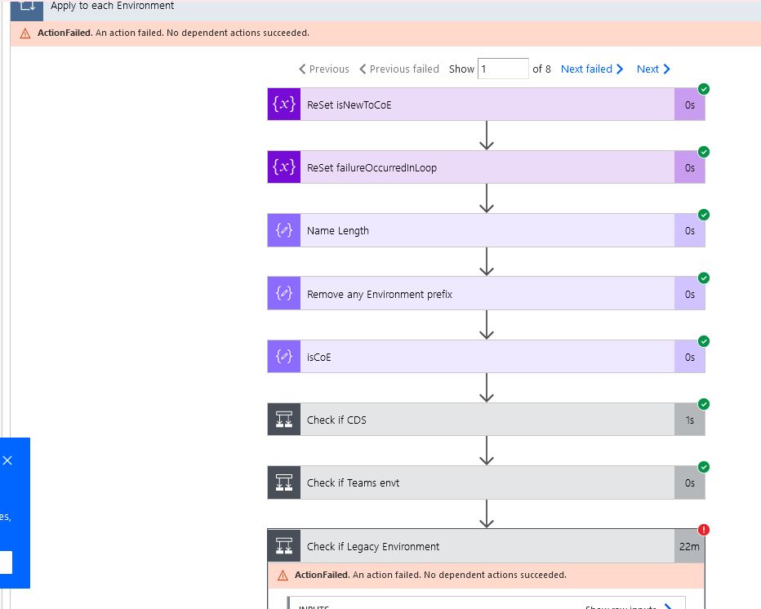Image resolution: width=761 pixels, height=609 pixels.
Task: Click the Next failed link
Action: (x=591, y=69)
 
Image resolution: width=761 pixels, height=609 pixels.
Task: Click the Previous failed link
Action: (x=399, y=69)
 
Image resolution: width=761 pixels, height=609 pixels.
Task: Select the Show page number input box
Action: (x=503, y=69)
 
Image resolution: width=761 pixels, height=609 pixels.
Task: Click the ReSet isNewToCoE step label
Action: (x=349, y=104)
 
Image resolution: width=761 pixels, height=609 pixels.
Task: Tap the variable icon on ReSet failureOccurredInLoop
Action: (x=284, y=167)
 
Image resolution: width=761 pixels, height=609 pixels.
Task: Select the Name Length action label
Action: (x=338, y=231)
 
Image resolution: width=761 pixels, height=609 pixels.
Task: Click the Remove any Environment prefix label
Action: (x=379, y=294)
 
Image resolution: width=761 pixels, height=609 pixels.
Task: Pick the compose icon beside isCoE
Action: (x=284, y=357)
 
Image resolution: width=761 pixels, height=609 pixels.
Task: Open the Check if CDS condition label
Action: (x=336, y=420)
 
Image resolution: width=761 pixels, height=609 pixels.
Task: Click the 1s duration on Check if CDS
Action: (x=690, y=420)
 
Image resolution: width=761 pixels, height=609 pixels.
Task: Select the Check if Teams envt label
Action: (x=353, y=482)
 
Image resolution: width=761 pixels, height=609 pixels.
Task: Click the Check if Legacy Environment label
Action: (x=373, y=546)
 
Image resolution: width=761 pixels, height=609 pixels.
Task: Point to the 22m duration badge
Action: (x=689, y=546)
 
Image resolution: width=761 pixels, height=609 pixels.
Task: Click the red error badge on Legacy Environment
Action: (x=704, y=530)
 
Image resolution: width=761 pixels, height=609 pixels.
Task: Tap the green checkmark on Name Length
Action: (x=704, y=215)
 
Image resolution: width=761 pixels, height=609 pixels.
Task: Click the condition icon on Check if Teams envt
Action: (x=284, y=482)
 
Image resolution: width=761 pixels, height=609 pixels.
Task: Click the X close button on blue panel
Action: (x=7, y=460)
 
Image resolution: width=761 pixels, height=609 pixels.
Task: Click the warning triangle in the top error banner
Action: (x=25, y=33)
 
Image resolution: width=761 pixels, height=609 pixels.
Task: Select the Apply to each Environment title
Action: (x=112, y=6)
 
